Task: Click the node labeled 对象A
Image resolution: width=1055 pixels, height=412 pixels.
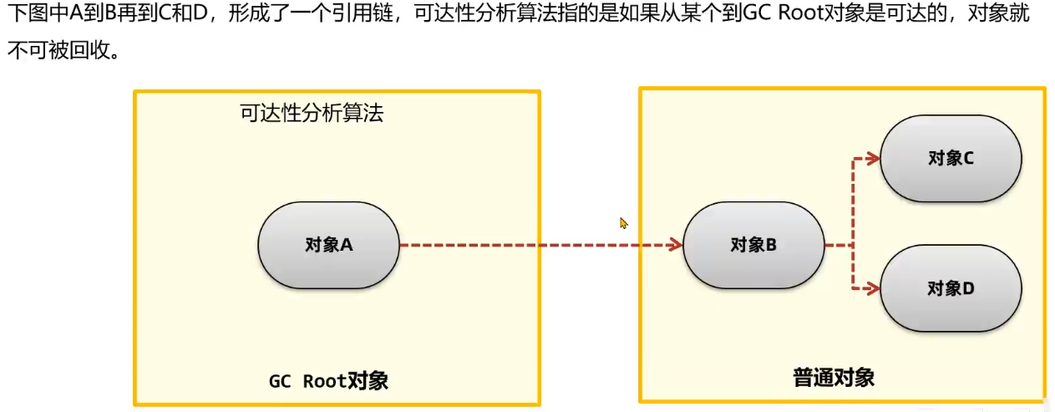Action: point(328,245)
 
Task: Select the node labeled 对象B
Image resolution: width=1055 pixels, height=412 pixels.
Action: point(753,245)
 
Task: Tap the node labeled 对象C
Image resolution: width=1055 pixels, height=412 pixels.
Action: point(951,158)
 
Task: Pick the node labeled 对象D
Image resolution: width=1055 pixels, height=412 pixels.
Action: point(951,288)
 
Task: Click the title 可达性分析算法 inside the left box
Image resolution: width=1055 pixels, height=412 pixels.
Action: point(312,114)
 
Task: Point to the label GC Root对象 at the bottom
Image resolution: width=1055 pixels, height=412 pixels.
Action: point(328,381)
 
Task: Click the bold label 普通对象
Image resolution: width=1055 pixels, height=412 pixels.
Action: point(834,377)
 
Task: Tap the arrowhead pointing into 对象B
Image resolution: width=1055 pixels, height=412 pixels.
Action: point(676,245)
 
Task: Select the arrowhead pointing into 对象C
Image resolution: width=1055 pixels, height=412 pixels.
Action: point(873,159)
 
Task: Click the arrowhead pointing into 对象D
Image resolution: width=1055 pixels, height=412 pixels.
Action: point(873,289)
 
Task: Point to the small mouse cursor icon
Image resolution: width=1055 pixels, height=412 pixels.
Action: point(623,223)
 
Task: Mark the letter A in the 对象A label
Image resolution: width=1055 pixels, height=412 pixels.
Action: point(347,245)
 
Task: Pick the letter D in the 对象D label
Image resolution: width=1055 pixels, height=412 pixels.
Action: point(968,288)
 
